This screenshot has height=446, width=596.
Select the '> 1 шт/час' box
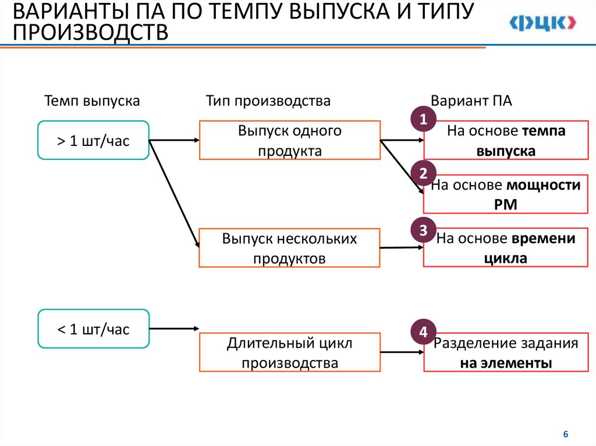[x=93, y=140]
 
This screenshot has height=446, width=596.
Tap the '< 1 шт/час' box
[x=93, y=329]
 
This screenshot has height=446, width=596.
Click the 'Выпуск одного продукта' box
[x=290, y=140]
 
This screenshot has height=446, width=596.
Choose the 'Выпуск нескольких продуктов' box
[x=289, y=248]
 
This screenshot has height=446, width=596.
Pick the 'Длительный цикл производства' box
[x=290, y=352]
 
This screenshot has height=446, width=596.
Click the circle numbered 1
[x=424, y=119]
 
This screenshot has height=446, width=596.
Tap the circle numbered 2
[x=424, y=173]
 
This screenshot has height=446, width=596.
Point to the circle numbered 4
[x=424, y=332]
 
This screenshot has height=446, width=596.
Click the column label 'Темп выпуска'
[x=92, y=101]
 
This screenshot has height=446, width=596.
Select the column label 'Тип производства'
[x=268, y=101]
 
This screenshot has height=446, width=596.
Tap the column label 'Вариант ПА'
[x=471, y=101]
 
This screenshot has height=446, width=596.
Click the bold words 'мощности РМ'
[x=524, y=195]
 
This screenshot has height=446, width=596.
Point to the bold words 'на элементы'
[x=506, y=364]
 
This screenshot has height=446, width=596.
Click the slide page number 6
[x=565, y=434]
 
